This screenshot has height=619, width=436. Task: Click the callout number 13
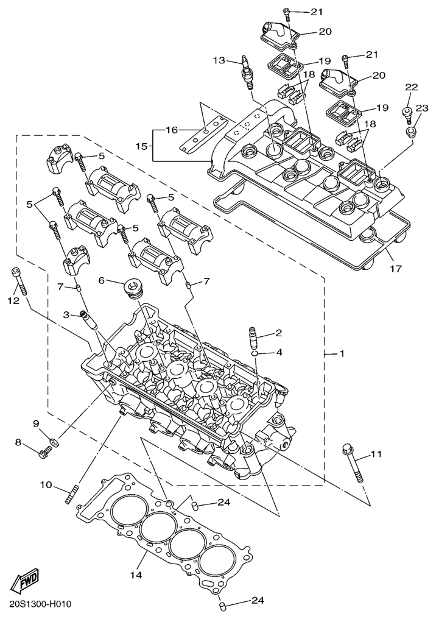(x=219, y=60)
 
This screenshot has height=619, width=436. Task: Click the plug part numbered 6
(x=132, y=289)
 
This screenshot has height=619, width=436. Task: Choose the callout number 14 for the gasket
(x=135, y=575)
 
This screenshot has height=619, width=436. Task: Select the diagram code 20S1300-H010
(x=41, y=604)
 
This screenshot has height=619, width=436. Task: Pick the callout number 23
(x=421, y=108)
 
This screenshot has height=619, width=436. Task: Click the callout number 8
(x=18, y=442)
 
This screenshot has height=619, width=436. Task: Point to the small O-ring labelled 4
(x=259, y=353)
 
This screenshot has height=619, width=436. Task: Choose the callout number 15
(x=141, y=147)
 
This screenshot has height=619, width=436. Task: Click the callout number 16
(x=171, y=130)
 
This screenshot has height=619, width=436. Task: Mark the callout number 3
(x=65, y=314)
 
